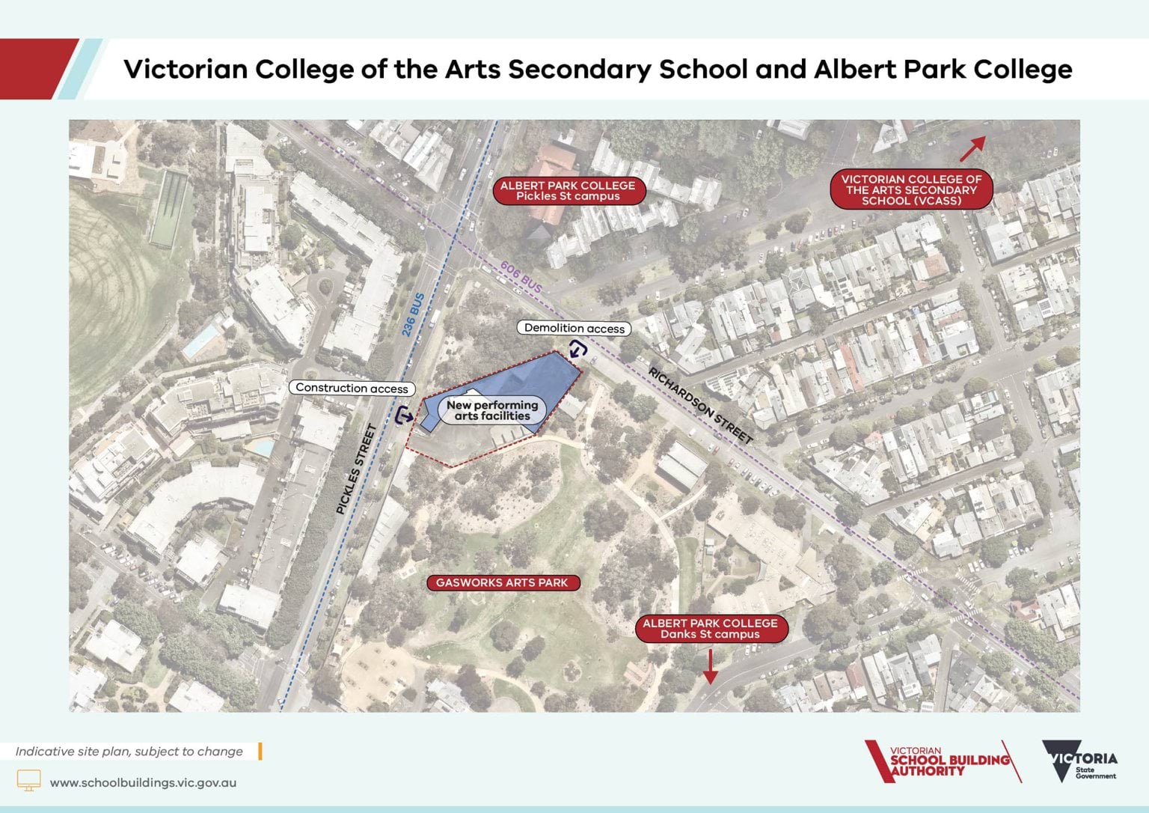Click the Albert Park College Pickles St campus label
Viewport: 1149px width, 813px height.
pyautogui.click(x=568, y=191)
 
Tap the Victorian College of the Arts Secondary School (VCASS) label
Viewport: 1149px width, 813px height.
pyautogui.click(x=911, y=190)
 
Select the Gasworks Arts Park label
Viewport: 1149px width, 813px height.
pyautogui.click(x=502, y=582)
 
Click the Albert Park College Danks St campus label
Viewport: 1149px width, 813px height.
pyautogui.click(x=710, y=629)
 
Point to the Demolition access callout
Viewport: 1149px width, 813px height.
pyautogui.click(x=574, y=328)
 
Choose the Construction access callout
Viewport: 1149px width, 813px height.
pyautogui.click(x=352, y=388)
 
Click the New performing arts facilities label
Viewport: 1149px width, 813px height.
pyautogui.click(x=492, y=410)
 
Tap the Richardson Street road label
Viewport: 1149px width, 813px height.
pyautogui.click(x=700, y=405)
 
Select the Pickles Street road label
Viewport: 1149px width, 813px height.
pyautogui.click(x=355, y=469)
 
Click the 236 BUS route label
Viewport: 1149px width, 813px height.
pyautogui.click(x=413, y=314)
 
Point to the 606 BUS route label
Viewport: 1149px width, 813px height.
pyautogui.click(x=521, y=277)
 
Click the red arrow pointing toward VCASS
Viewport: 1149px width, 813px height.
pyautogui.click(x=972, y=149)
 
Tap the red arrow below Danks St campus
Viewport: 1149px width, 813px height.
pyautogui.click(x=710, y=666)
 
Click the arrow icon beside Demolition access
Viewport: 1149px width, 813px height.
pyautogui.click(x=578, y=349)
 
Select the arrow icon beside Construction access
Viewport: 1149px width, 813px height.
pyautogui.click(x=404, y=415)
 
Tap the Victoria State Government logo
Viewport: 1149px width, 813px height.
pyautogui.click(x=1079, y=761)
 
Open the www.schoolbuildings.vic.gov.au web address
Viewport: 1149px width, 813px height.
pyautogui.click(x=143, y=782)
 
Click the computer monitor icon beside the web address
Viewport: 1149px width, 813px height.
pyautogui.click(x=29, y=781)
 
